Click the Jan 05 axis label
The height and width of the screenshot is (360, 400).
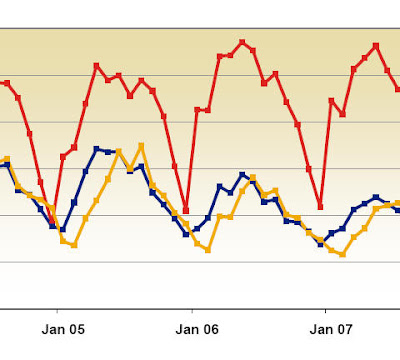(x=63, y=329)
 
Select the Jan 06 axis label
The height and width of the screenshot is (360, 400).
(x=197, y=329)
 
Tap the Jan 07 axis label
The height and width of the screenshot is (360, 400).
(x=331, y=329)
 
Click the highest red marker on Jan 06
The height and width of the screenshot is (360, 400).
(x=242, y=42)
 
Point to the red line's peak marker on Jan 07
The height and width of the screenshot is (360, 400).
(x=376, y=46)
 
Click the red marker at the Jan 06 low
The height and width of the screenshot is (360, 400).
(x=186, y=211)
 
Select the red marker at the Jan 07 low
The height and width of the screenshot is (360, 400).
(x=320, y=207)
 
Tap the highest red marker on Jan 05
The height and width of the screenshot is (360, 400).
(x=97, y=66)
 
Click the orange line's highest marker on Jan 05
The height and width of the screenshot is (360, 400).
(x=141, y=146)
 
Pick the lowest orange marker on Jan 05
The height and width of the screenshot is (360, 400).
(x=74, y=245)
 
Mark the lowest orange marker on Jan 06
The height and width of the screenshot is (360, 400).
(x=208, y=250)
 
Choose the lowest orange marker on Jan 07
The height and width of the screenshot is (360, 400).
(x=342, y=254)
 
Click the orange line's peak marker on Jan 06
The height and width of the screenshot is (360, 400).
(x=253, y=177)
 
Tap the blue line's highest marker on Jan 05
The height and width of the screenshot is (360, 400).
(x=97, y=149)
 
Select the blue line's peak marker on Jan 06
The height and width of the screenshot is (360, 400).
(x=242, y=174)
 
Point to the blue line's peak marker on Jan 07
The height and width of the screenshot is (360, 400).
(x=376, y=197)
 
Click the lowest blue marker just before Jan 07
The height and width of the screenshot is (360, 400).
(x=320, y=244)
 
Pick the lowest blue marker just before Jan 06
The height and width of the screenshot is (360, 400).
(x=186, y=234)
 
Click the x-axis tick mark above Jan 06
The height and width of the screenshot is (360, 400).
(x=192, y=312)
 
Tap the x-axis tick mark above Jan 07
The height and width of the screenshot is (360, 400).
(x=325, y=312)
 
